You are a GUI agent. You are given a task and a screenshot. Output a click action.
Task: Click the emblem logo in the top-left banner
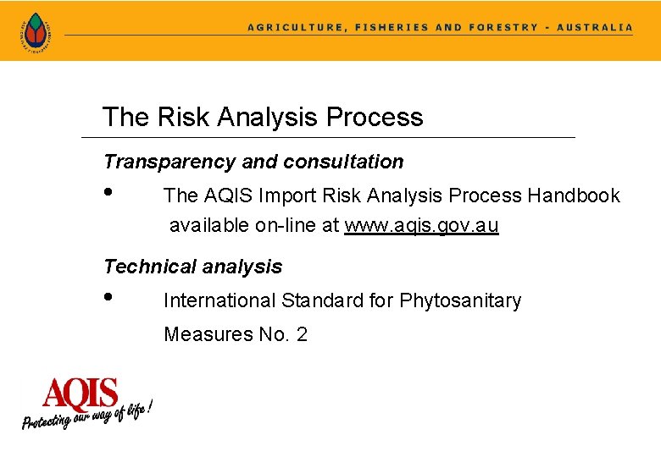35,31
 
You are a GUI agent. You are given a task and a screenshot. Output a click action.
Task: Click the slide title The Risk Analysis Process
263,117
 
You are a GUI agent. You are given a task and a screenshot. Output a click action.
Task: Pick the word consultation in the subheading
344,162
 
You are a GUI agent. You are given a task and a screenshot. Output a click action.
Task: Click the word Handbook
574,195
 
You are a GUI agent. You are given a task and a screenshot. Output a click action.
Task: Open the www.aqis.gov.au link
421,226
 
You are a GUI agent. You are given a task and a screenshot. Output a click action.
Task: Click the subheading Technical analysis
192,267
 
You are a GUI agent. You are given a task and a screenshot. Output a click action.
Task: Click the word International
219,300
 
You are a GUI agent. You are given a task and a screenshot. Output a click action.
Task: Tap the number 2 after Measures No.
301,334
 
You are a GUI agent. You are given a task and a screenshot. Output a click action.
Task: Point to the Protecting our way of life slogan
87,415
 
